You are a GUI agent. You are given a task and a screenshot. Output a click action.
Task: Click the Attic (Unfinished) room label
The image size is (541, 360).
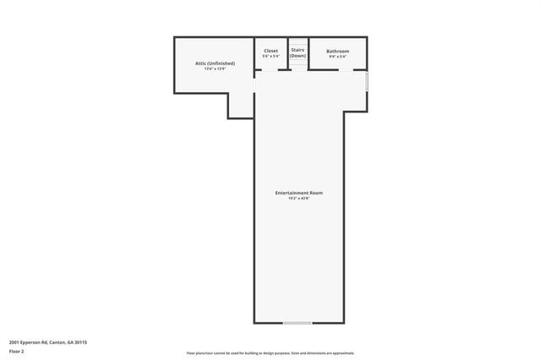(214, 63)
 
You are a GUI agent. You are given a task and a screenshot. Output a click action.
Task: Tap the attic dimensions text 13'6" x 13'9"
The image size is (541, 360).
(214, 68)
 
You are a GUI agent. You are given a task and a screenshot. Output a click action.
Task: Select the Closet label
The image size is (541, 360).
(270, 51)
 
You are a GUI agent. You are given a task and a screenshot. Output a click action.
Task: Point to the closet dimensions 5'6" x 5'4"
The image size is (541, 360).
(270, 56)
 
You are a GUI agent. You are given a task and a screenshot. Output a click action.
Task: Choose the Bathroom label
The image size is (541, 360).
(338, 51)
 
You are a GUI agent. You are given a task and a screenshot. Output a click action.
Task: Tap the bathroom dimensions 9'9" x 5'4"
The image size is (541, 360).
(338, 56)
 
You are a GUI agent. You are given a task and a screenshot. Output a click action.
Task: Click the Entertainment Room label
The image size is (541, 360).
(298, 193)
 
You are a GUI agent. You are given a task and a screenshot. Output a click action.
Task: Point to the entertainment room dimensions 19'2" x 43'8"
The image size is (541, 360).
(298, 198)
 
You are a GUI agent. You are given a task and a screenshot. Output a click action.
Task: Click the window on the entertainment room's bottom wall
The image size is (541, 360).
(298, 323)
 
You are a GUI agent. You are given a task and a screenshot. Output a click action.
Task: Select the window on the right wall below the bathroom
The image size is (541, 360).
(367, 81)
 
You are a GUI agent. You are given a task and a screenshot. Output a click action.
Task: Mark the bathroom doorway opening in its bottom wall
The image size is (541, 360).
(325, 70)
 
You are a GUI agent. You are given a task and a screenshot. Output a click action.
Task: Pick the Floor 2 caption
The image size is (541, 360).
(17, 351)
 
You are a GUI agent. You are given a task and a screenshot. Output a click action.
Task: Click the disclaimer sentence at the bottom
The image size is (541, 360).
(270, 353)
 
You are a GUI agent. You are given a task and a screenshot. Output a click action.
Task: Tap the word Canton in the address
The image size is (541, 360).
(57, 342)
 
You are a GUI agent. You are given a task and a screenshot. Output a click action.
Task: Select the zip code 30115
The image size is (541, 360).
(82, 342)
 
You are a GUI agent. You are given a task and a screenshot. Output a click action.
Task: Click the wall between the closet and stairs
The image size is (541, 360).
(288, 53)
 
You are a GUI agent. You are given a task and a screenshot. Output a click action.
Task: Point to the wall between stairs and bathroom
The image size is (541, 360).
(307, 53)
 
